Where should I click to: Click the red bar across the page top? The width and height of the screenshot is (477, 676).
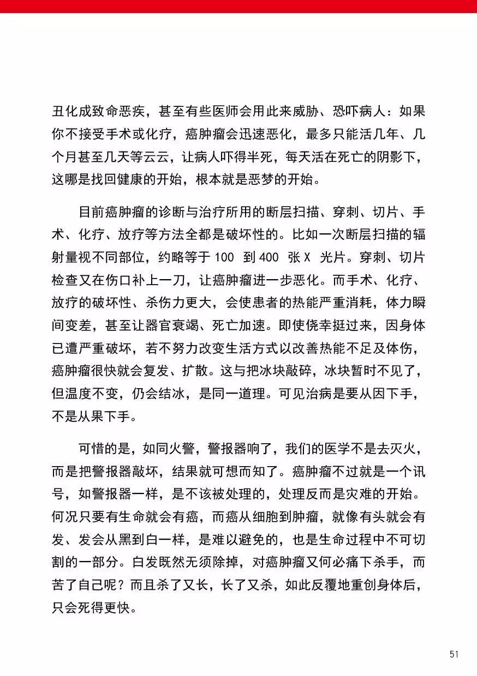pyautogui.click(x=238, y=6)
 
